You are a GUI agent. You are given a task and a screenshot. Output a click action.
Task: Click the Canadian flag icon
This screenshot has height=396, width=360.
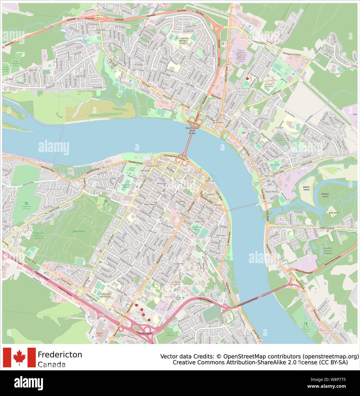(x=19, y=357)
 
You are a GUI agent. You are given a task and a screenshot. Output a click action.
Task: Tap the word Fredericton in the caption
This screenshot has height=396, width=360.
(x=60, y=354)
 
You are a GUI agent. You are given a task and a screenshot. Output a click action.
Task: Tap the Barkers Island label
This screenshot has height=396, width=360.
(x=325, y=195)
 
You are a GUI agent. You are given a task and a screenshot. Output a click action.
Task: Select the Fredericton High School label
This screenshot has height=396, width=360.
(x=105, y=295)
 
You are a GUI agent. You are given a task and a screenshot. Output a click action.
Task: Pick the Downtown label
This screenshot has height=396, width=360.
(x=188, y=173)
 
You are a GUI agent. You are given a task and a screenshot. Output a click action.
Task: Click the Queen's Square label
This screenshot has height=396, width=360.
(x=197, y=228)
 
